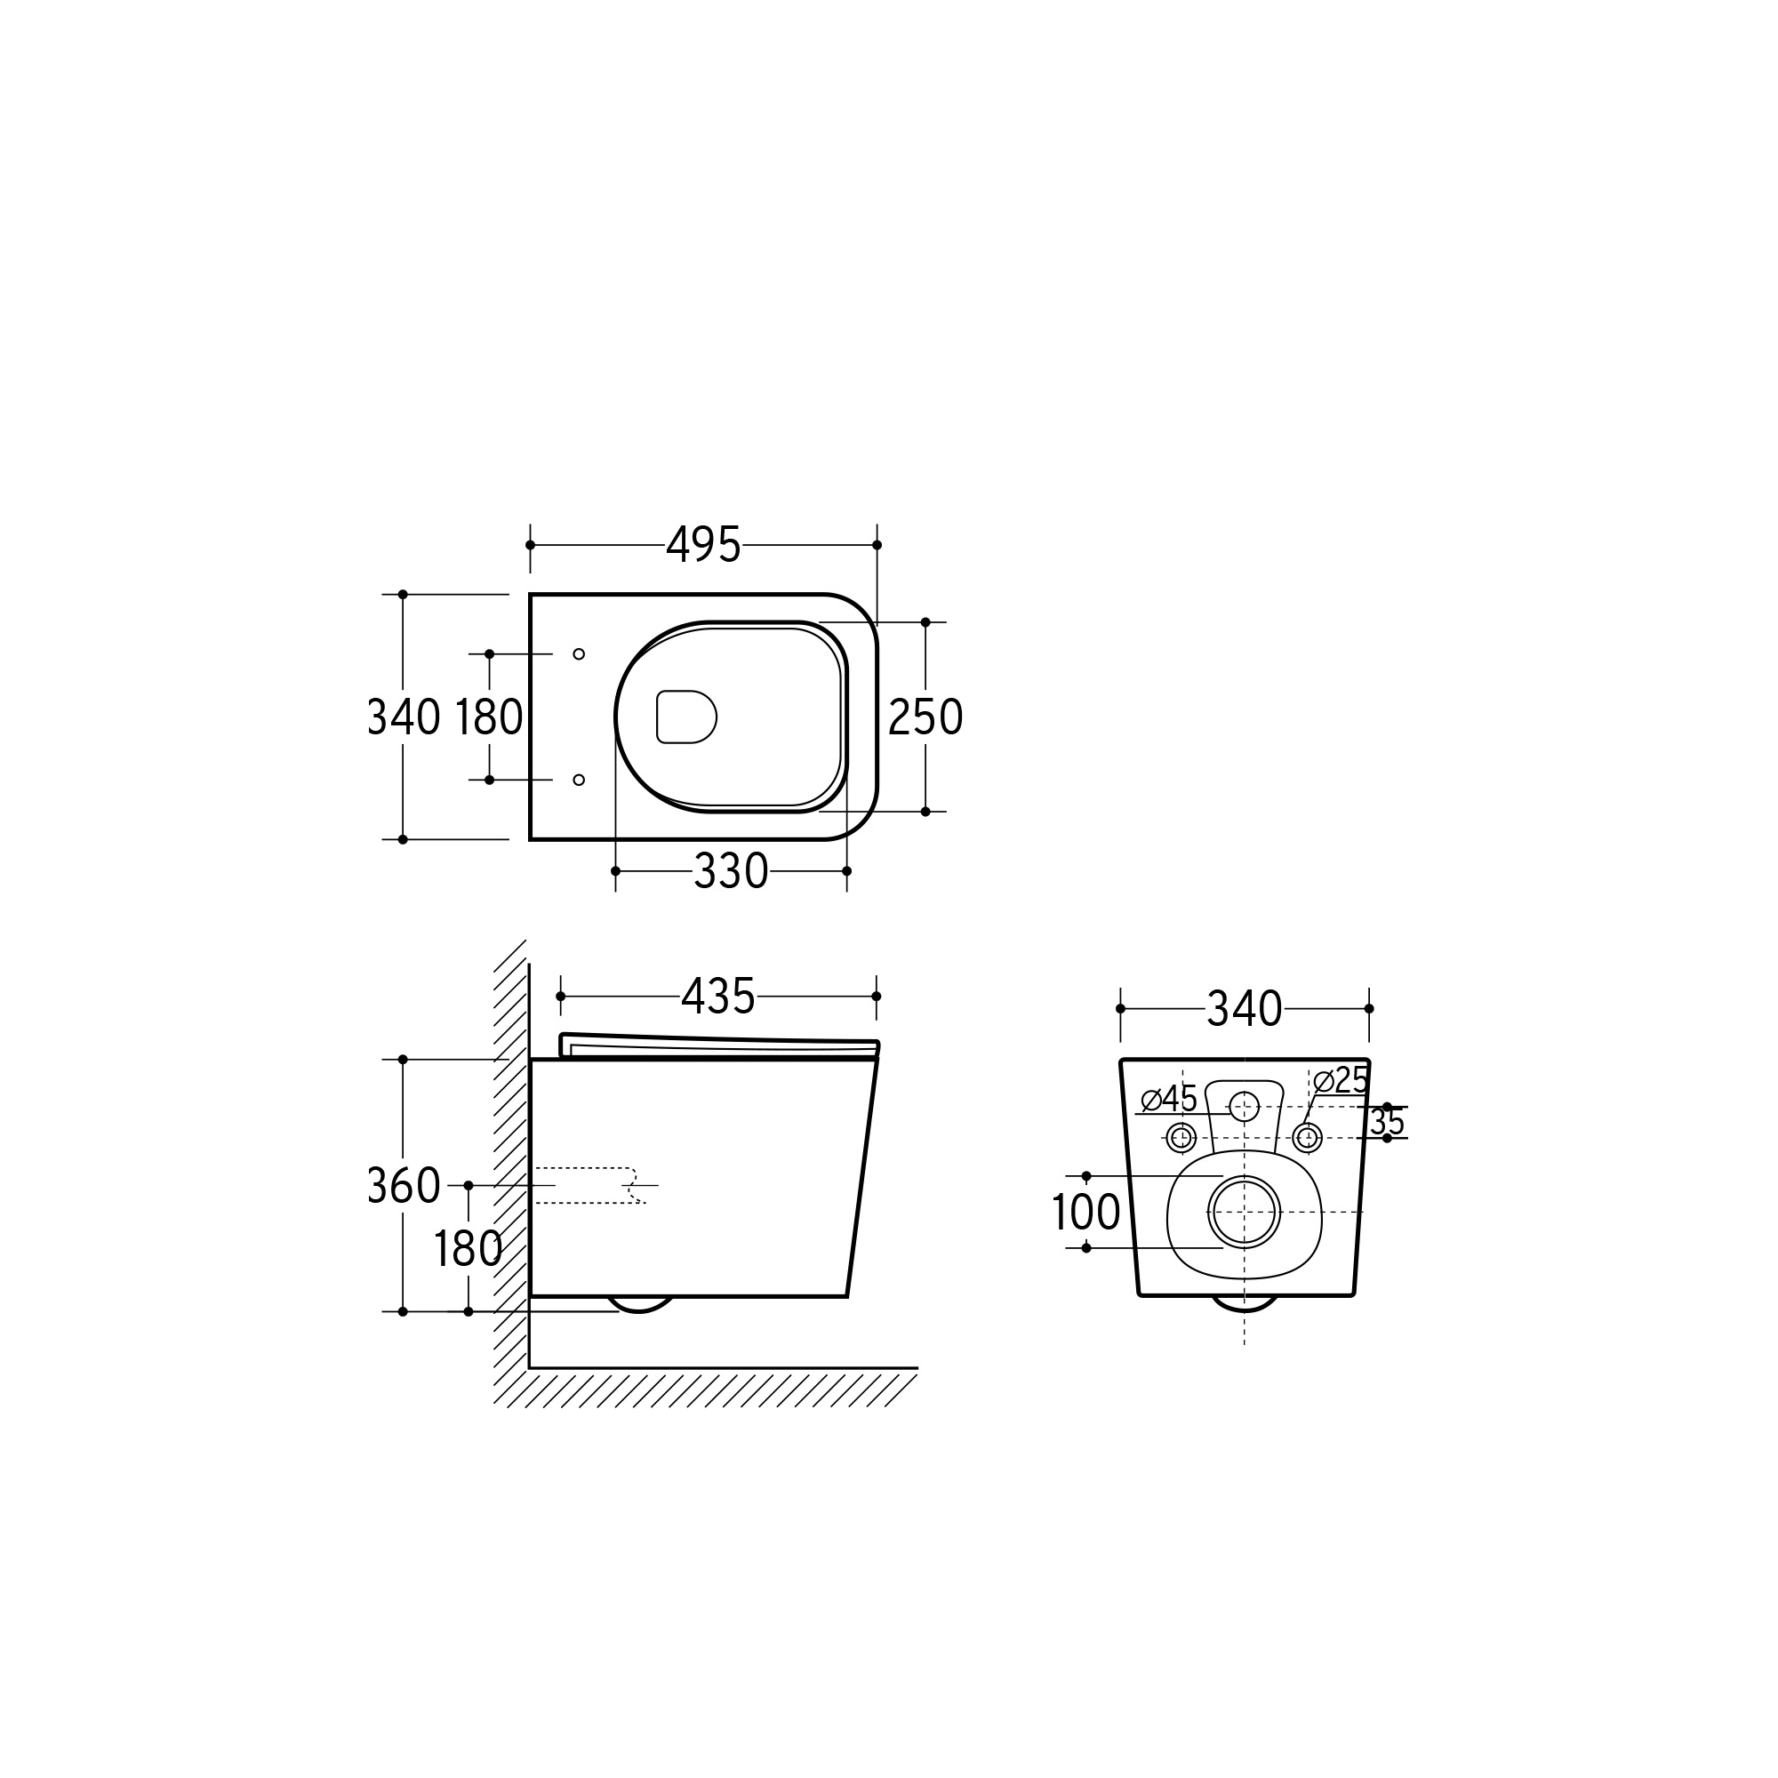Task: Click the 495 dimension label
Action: (x=703, y=545)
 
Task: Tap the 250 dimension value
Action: (x=925, y=717)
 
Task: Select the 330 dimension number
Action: (x=731, y=870)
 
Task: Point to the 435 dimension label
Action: (x=717, y=996)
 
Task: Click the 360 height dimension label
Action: (x=404, y=1185)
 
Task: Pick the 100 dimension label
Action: (x=1086, y=1212)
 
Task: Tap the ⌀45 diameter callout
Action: (x=1169, y=1099)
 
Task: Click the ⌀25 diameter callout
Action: (x=1341, y=1080)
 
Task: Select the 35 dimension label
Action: (x=1387, y=1122)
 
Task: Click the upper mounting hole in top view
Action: (x=579, y=654)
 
